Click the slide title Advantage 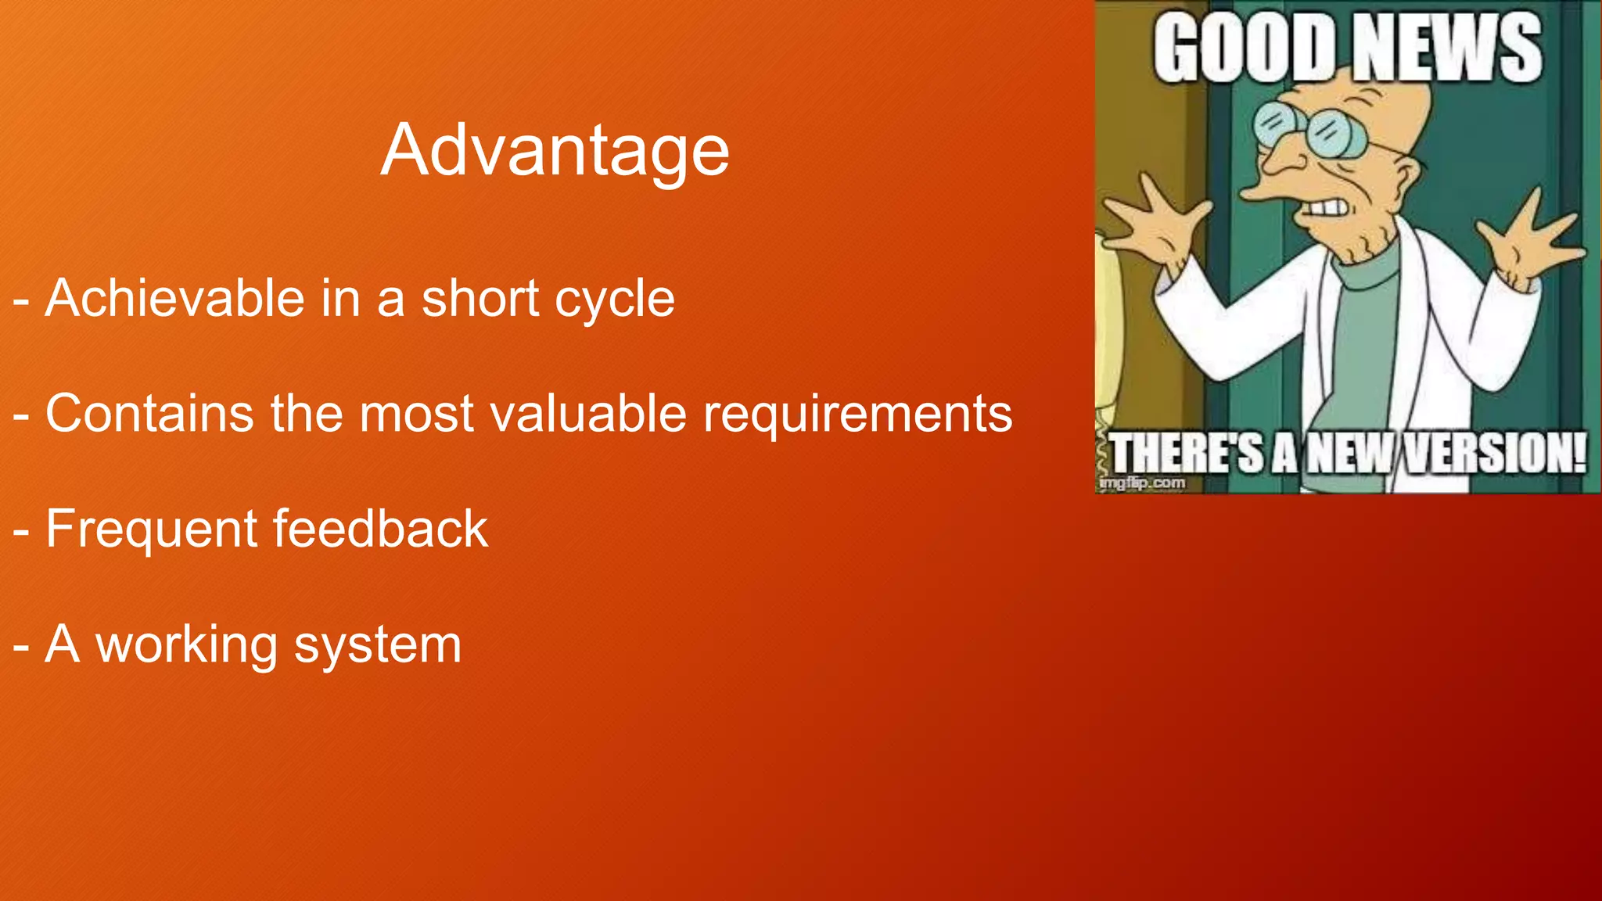pos(555,150)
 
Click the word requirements pos(857,415)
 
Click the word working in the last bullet pos(186,645)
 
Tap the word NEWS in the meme pos(1447,48)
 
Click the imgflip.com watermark pos(1142,483)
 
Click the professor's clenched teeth pos(1327,208)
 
